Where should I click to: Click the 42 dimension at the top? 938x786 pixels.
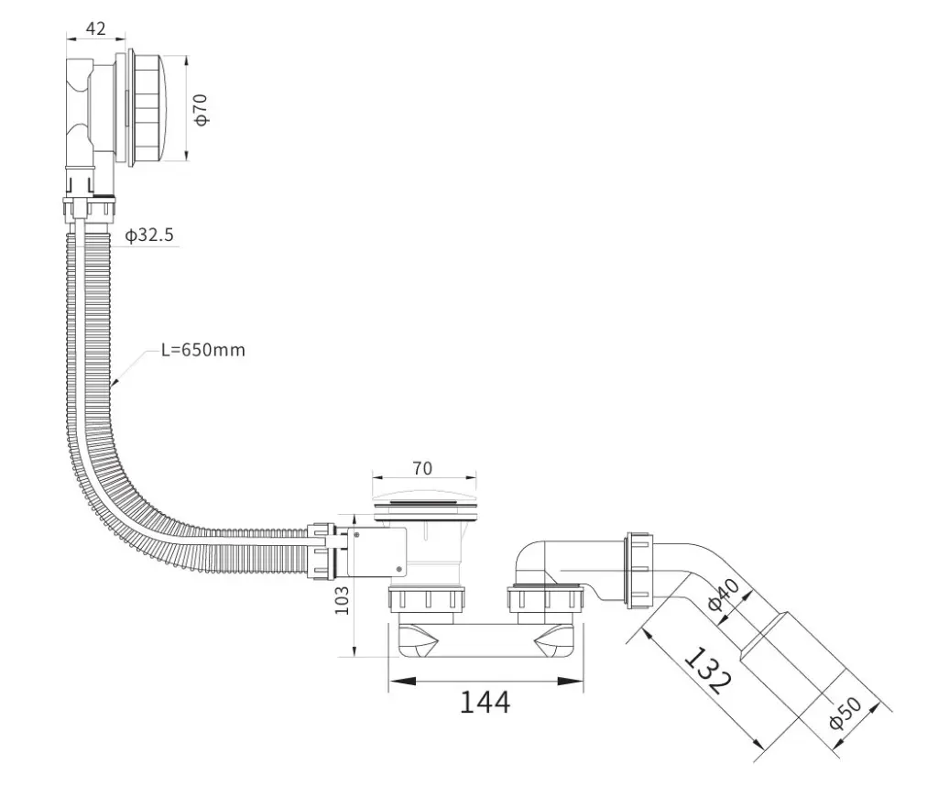click(95, 28)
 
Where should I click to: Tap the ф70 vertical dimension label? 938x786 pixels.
click(201, 109)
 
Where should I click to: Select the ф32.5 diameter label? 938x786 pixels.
click(149, 235)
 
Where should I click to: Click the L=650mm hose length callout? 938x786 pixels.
click(203, 349)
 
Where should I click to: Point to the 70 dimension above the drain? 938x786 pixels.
click(422, 468)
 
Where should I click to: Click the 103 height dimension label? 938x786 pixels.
click(341, 600)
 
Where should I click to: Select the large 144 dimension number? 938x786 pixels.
click(485, 702)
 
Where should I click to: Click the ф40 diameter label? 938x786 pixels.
click(724, 594)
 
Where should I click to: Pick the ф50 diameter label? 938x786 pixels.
click(845, 713)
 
